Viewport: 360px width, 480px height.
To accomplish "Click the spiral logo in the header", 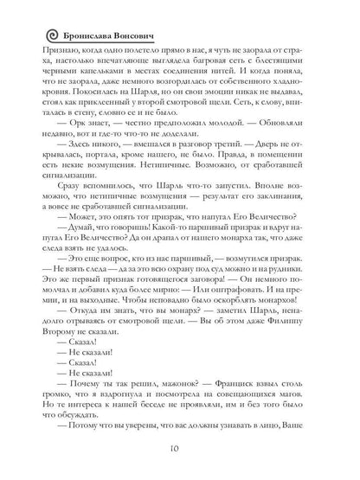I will click(x=28, y=36).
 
